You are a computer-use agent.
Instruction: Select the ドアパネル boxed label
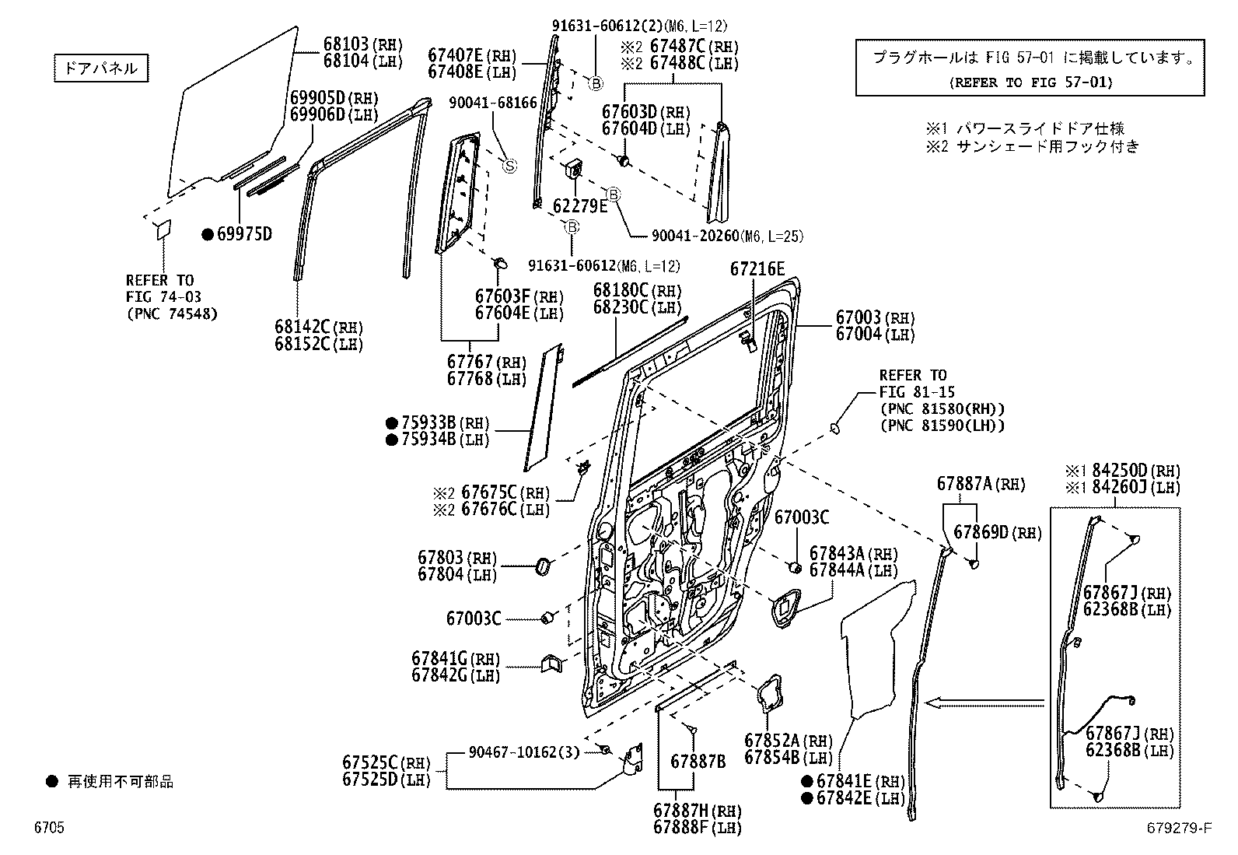pos(101,68)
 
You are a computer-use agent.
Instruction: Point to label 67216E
pos(757,269)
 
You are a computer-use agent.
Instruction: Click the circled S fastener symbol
pos(510,165)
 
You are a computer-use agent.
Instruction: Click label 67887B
pos(698,762)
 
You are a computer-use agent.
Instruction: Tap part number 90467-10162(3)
pos(524,752)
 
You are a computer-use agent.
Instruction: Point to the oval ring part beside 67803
pos(541,567)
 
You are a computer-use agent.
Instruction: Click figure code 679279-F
pos(1177,828)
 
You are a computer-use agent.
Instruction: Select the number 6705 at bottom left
pos(48,828)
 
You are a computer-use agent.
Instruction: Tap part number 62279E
pos(579,206)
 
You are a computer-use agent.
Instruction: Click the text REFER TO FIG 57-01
pos(1030,82)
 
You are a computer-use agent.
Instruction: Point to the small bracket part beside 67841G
pos(551,663)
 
